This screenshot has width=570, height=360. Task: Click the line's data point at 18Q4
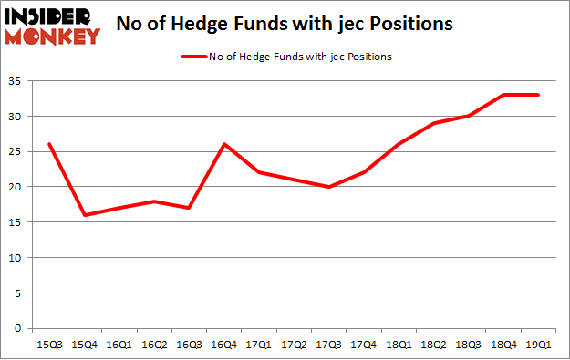click(x=503, y=95)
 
